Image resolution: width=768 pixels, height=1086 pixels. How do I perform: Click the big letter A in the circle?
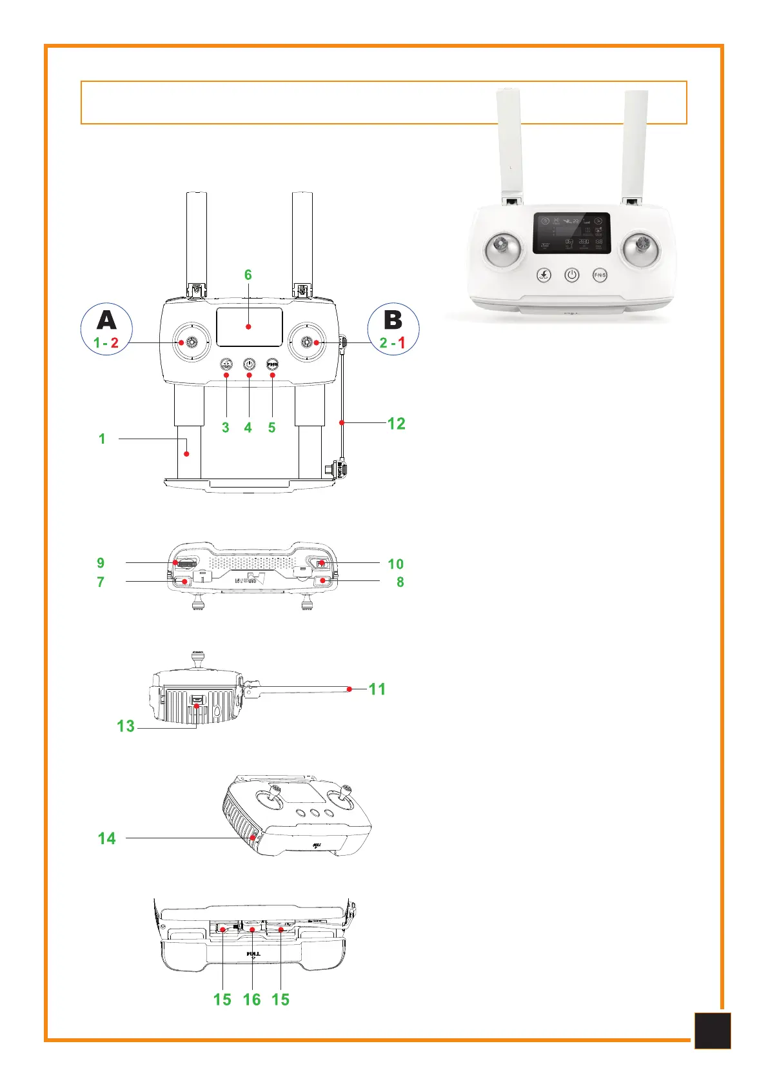(106, 320)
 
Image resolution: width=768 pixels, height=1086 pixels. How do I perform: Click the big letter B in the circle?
(393, 320)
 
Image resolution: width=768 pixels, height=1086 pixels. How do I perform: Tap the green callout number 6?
(248, 275)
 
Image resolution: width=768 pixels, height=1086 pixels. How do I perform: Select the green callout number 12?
(396, 424)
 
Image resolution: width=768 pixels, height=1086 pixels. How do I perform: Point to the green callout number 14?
(107, 838)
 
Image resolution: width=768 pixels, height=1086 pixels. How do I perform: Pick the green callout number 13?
(126, 726)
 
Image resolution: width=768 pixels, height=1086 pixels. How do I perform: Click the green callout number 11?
(377, 689)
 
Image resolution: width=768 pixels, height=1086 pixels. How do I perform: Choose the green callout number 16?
(251, 1000)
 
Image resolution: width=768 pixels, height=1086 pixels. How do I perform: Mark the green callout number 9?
(101, 563)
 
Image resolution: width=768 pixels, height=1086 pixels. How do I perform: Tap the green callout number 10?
(395, 564)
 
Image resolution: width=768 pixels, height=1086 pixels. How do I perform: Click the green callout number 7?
(101, 582)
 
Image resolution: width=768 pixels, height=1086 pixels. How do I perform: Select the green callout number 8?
(400, 582)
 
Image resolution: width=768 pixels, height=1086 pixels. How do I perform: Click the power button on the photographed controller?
(572, 275)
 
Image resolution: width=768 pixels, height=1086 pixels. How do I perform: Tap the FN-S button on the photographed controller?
(600, 275)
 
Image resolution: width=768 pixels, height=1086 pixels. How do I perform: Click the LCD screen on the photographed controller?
(571, 233)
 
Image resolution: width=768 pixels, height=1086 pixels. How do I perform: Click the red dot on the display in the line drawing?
(248, 327)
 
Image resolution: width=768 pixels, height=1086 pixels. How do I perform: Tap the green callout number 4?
(248, 428)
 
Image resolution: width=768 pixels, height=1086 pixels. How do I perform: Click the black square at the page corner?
(713, 1031)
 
